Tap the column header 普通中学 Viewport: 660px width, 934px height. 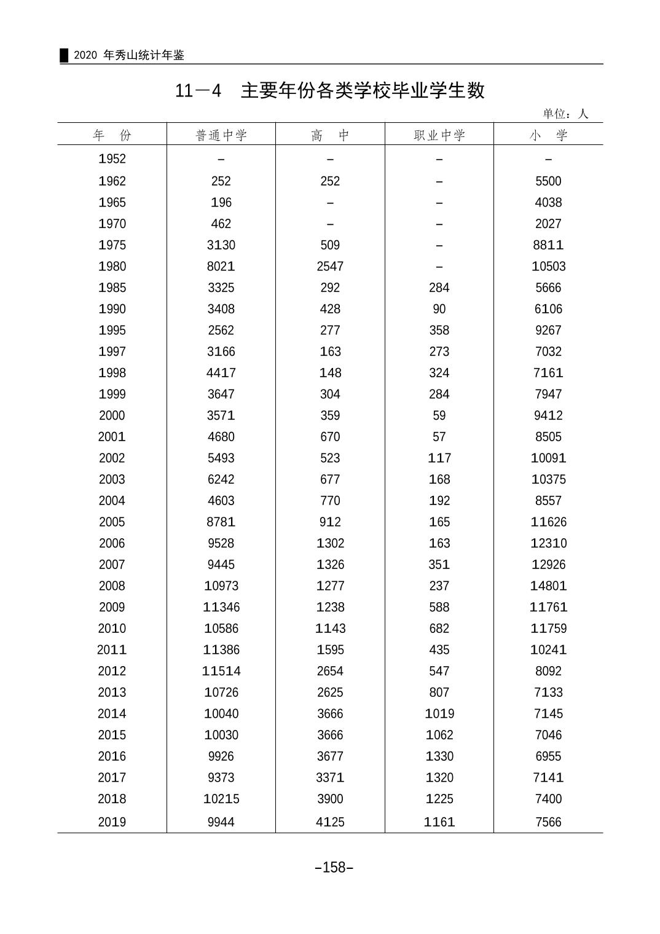(x=221, y=135)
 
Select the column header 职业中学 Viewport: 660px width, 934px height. (x=439, y=135)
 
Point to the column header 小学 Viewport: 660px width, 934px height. (x=548, y=135)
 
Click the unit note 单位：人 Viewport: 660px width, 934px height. (x=565, y=114)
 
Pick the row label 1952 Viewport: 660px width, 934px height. (x=112, y=159)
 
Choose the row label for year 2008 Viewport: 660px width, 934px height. (x=112, y=586)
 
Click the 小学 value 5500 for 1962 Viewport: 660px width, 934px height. (x=548, y=181)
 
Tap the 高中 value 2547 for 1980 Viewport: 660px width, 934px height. (x=330, y=267)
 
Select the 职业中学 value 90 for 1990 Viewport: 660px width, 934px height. (x=439, y=309)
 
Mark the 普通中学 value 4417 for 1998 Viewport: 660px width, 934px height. (x=221, y=373)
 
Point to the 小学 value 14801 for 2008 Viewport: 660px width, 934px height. (x=548, y=586)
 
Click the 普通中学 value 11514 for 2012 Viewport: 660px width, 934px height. (x=221, y=671)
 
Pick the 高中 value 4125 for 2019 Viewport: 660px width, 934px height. (x=330, y=822)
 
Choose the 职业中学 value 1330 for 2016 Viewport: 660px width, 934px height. (x=439, y=756)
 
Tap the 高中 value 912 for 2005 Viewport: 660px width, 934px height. (x=330, y=522)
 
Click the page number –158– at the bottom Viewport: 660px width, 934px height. (x=334, y=868)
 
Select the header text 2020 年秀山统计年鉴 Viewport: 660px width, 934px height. (x=129, y=55)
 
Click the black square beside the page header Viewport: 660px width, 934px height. (x=64, y=55)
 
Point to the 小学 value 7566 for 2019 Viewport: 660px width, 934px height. (x=548, y=822)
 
